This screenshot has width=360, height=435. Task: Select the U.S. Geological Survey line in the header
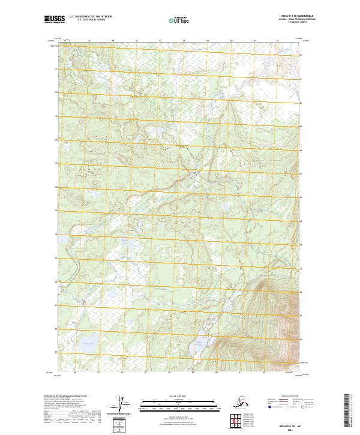click(x=86, y=20)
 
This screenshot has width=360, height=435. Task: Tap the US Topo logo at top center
click(x=178, y=20)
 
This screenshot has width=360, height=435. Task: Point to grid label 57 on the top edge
click(x=160, y=40)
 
